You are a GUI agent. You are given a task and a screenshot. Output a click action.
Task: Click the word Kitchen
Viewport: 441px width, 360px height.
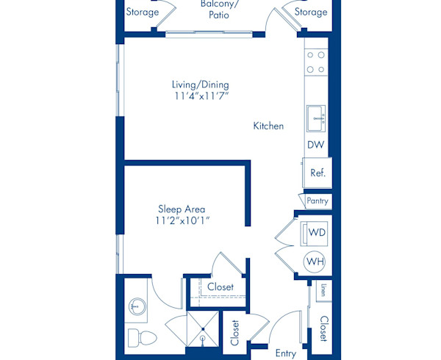(x=268, y=126)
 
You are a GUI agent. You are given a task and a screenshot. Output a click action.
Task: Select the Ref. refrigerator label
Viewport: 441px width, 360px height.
(x=318, y=173)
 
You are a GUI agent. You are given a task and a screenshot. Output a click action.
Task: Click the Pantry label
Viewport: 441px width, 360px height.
(x=318, y=201)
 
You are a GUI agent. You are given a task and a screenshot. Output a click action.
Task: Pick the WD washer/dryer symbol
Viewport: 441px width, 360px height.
(x=316, y=233)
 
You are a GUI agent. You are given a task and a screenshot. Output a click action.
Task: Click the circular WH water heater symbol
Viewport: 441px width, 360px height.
(x=316, y=262)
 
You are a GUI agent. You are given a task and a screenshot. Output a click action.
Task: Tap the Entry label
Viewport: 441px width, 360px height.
(x=285, y=353)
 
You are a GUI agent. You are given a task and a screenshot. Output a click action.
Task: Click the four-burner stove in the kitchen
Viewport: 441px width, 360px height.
(x=316, y=62)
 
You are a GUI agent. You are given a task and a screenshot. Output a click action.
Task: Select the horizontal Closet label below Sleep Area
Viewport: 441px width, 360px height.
(x=220, y=287)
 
